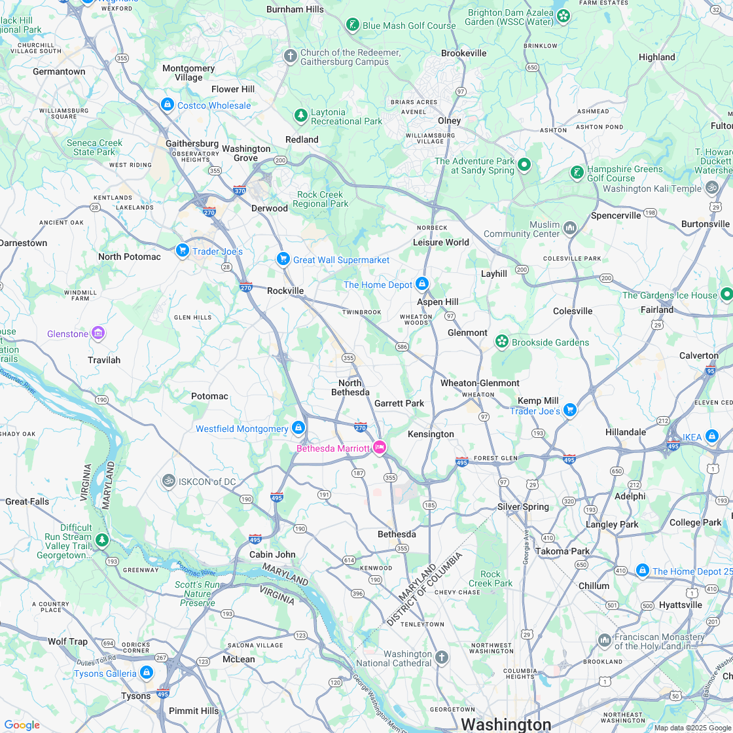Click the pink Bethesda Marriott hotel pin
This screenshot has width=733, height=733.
pyautogui.click(x=380, y=448)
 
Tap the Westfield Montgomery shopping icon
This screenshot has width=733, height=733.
pyautogui.click(x=298, y=428)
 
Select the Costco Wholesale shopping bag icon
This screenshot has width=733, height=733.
pyautogui.click(x=168, y=105)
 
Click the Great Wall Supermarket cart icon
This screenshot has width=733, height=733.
pyautogui.click(x=283, y=259)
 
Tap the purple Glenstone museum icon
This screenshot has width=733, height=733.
pyautogui.click(x=98, y=334)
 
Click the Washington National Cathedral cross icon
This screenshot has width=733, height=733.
pyautogui.click(x=442, y=657)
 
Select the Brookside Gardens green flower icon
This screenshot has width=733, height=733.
pyautogui.click(x=501, y=342)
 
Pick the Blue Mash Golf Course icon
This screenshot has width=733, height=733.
pyautogui.click(x=353, y=25)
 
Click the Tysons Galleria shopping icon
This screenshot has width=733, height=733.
pyautogui.click(x=146, y=673)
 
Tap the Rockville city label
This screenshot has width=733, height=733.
pyautogui.click(x=285, y=291)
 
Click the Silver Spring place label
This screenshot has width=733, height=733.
pyautogui.click(x=523, y=507)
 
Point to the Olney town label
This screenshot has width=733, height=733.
pyautogui.click(x=449, y=120)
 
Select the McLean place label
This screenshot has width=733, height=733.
pyautogui.click(x=239, y=659)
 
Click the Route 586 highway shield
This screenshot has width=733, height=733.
pyautogui.click(x=402, y=346)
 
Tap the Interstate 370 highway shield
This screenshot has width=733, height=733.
pyautogui.click(x=240, y=190)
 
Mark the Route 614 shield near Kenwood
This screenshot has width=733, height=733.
pyautogui.click(x=349, y=560)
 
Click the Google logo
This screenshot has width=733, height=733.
pyautogui.click(x=22, y=724)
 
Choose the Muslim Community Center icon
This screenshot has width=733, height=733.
pyautogui.click(x=570, y=228)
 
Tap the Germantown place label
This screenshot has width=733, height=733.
pyautogui.click(x=59, y=71)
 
